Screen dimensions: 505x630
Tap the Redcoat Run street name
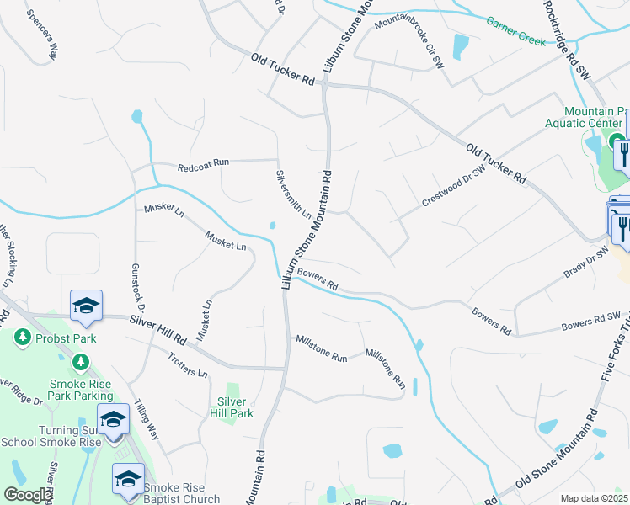coord(203,167)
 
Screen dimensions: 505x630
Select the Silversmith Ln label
coord(293,194)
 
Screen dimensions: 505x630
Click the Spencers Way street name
coord(41,34)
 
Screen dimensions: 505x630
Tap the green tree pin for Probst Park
coord(22,338)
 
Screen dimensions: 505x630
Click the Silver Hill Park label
coord(236,407)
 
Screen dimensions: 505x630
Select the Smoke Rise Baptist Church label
coord(181,492)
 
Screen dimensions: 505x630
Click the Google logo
coord(28,495)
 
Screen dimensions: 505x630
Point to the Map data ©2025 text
coord(595,498)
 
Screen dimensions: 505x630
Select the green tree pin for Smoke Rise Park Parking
coord(80,362)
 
